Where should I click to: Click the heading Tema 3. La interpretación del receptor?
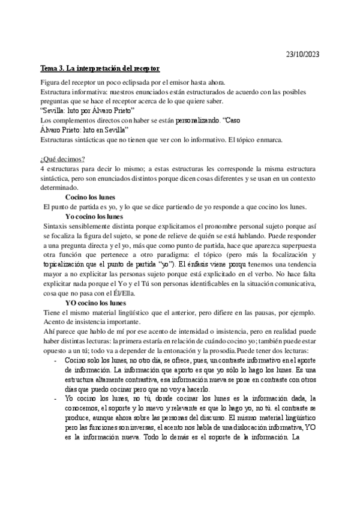coord(100,70)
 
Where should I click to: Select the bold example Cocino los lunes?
coord(90,197)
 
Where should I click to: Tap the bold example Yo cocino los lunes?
coord(94,216)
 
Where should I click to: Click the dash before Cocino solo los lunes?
coord(56,360)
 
